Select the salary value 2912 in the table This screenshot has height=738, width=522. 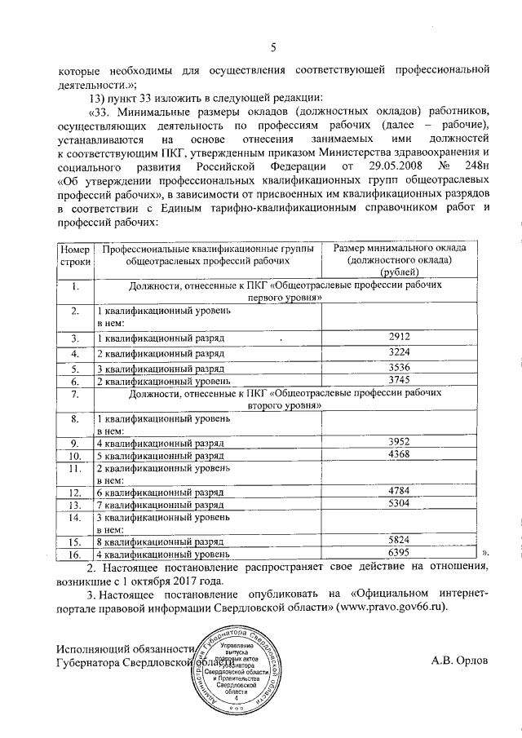pos(399,337)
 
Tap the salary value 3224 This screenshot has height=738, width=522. pos(399,352)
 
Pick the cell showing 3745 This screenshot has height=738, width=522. pos(399,379)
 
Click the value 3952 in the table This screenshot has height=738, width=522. pos(399,440)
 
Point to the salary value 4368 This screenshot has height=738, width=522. pos(399,453)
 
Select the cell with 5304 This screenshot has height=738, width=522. pos(399,505)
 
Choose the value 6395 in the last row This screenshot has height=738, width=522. pos(399,552)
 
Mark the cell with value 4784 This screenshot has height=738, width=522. pos(399,491)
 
